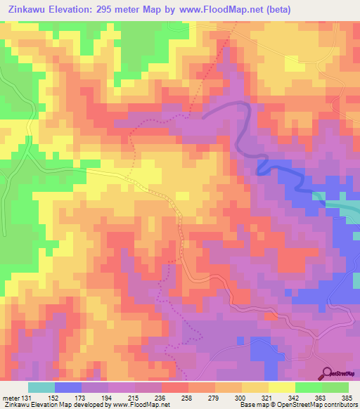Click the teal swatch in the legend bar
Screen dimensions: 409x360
[x=41, y=387]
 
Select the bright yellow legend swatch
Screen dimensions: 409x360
[x=281, y=387]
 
